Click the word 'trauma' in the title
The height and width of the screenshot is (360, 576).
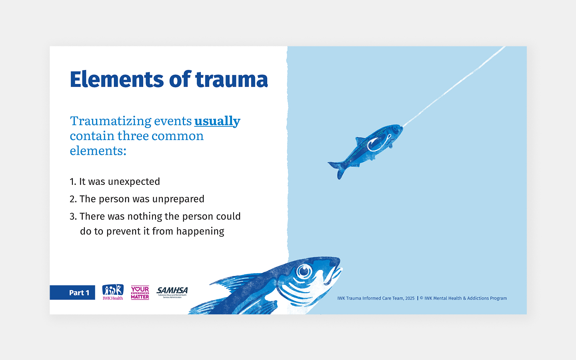click(x=232, y=79)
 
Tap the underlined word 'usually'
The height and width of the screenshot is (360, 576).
click(x=217, y=121)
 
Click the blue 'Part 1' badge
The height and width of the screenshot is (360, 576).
click(x=72, y=292)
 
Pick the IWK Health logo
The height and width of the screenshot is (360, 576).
click(x=113, y=292)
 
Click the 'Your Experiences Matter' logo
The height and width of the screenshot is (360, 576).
click(x=140, y=292)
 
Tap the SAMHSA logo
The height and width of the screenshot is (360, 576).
click(x=172, y=292)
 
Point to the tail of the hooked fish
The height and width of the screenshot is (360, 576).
click(x=337, y=168)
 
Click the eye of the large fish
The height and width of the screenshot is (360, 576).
click(x=304, y=272)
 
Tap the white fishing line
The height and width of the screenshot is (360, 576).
click(x=456, y=84)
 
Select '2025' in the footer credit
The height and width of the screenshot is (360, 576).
click(x=410, y=298)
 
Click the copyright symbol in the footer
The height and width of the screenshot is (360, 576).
click(x=422, y=298)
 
